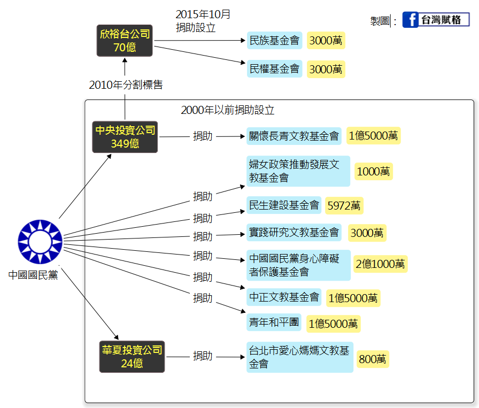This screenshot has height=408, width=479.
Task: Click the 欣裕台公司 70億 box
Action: (125, 41)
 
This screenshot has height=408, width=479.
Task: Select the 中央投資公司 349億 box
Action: (125, 137)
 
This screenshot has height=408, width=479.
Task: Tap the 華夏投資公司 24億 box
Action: (132, 357)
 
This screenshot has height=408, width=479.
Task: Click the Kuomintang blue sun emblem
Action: (40, 241)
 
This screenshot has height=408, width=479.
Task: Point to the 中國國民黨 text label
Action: (33, 275)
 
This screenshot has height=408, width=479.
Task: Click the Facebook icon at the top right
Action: (410, 20)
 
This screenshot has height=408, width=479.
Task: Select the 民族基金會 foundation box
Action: (274, 40)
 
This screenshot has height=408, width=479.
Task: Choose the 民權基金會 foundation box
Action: (274, 69)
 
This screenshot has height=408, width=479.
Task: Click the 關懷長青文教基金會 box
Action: (294, 136)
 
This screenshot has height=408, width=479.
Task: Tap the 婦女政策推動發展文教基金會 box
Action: (298, 171)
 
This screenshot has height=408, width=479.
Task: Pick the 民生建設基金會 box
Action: (284, 205)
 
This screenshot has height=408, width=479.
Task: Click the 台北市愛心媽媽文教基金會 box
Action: (299, 357)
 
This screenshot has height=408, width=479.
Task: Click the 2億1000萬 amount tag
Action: (380, 264)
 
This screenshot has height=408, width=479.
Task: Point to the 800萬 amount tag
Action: (373, 359)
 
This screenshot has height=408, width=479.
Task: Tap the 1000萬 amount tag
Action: (373, 172)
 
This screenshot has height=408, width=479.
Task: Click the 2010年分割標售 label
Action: (126, 84)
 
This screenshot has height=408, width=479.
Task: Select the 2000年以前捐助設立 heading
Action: (228, 111)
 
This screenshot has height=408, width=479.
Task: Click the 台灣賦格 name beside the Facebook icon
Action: (442, 20)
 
